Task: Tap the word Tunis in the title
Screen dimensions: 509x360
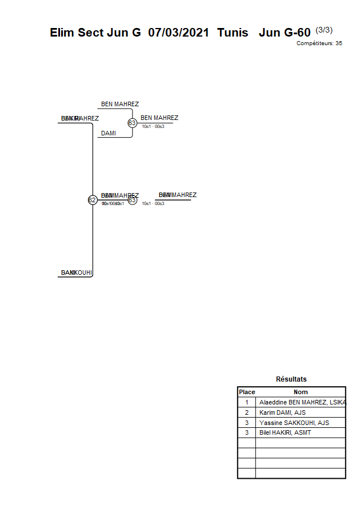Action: click(x=233, y=33)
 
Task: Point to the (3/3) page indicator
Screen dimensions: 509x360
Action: click(x=324, y=30)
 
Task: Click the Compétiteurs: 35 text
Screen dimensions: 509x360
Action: click(x=319, y=43)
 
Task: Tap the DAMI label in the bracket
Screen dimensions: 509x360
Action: click(x=109, y=133)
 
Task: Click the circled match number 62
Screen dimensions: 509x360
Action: click(x=92, y=200)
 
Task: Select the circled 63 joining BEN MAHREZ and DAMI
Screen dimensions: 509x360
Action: click(x=132, y=123)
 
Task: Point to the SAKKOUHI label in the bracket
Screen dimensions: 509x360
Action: click(x=77, y=272)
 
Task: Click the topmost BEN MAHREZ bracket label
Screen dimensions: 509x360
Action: click(x=120, y=104)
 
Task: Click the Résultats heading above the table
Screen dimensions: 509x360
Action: click(x=291, y=379)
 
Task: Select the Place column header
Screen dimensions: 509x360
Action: click(x=247, y=392)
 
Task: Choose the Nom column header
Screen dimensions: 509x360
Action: click(x=301, y=392)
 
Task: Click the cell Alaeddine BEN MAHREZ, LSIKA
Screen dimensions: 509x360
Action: click(x=302, y=402)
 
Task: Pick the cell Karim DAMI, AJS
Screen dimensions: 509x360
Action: click(x=283, y=412)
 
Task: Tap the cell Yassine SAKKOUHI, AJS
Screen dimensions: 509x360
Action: click(x=294, y=423)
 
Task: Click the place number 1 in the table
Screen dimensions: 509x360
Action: click(x=247, y=402)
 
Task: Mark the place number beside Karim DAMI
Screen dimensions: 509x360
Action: click(x=247, y=412)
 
